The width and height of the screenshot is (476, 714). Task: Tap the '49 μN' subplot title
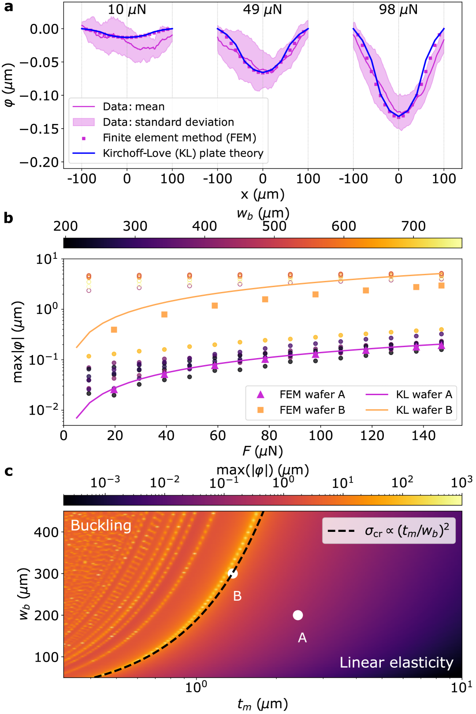[x=262, y=9]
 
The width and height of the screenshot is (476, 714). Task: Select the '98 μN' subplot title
[x=398, y=9]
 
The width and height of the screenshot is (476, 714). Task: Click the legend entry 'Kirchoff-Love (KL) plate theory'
[x=183, y=153]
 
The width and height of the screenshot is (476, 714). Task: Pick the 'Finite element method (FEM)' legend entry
[x=179, y=138]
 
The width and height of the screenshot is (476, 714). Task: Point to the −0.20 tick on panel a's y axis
[x=39, y=162]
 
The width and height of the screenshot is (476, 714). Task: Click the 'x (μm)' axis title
[x=263, y=194]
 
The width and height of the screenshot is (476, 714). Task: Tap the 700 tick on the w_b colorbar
[x=413, y=226]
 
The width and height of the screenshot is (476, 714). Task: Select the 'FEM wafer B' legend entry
[x=312, y=410]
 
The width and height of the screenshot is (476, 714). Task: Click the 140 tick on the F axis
[x=424, y=435]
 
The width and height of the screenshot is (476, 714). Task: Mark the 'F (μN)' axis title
[x=263, y=451]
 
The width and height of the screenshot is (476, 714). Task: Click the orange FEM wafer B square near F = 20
[x=114, y=330]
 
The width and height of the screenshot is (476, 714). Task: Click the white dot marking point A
[x=298, y=615]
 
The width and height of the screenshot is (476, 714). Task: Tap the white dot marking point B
[x=233, y=573]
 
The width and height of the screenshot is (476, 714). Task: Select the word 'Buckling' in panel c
[x=101, y=525]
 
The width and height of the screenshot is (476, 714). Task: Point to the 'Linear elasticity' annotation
[x=396, y=662]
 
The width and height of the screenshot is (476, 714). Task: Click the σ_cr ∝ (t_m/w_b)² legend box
[x=389, y=531]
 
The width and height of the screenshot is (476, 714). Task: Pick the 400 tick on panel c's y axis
[x=46, y=532]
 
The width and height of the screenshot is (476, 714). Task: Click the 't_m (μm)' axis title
[x=263, y=704]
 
